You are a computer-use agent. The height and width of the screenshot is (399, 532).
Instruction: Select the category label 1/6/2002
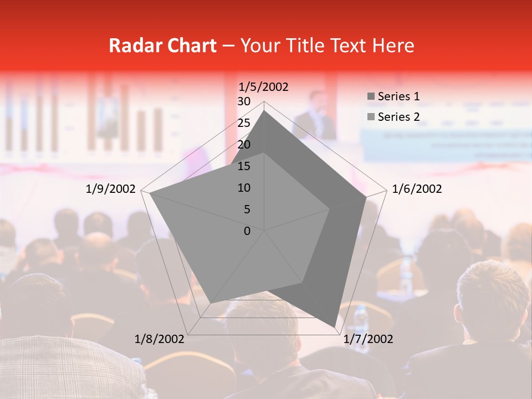click(x=417, y=189)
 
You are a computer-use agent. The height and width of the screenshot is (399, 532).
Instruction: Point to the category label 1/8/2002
click(x=160, y=339)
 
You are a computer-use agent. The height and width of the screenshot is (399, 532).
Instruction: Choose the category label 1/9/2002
click(x=111, y=189)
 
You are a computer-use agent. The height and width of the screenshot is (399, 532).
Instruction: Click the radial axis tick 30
click(x=244, y=101)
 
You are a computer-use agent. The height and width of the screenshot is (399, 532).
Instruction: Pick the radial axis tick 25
click(x=244, y=123)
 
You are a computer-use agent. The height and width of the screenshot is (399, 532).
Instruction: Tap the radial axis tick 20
click(x=244, y=145)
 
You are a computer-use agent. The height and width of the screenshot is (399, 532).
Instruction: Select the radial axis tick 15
click(x=244, y=166)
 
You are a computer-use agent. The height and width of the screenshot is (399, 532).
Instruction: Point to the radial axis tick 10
click(x=244, y=188)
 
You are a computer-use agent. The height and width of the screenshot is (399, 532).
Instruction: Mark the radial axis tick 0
click(x=247, y=231)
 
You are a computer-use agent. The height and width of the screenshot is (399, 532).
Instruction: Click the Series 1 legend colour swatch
click(x=371, y=97)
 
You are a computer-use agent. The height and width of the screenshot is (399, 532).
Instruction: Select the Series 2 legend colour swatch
click(x=371, y=117)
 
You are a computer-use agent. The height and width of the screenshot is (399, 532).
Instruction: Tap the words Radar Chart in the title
click(x=162, y=45)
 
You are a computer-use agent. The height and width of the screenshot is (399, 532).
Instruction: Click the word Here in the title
click(x=393, y=45)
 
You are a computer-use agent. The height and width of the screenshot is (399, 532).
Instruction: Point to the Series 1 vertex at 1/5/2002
click(x=264, y=111)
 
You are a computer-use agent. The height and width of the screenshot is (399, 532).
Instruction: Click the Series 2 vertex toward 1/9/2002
click(x=150, y=193)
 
